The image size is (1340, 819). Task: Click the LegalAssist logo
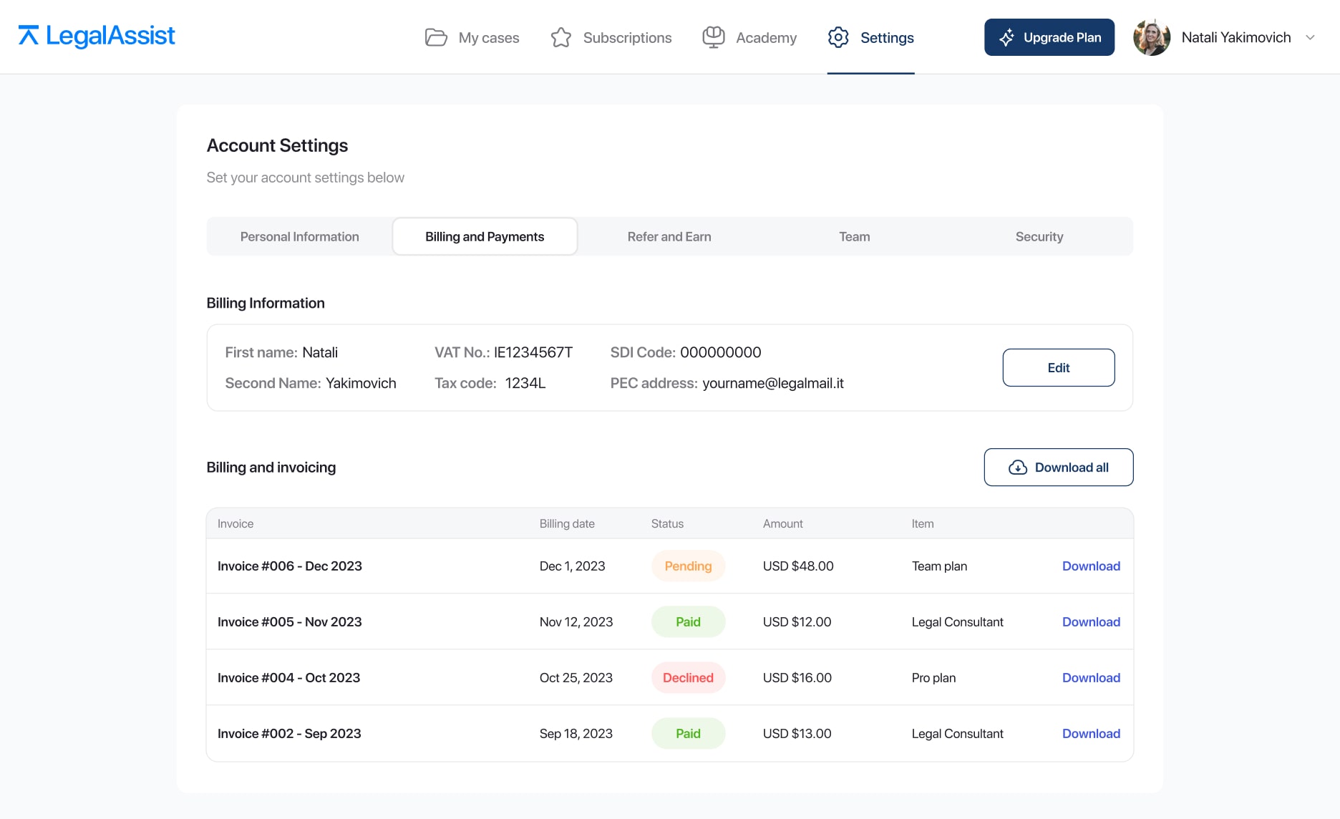click(97, 36)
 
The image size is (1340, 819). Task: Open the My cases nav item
click(472, 37)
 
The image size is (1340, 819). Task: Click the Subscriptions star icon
click(561, 37)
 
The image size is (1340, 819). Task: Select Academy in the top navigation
click(749, 37)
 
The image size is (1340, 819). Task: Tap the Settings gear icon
click(838, 37)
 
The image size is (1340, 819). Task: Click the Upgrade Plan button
click(1049, 37)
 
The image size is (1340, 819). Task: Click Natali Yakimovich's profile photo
click(1152, 37)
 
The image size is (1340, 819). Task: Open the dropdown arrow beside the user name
click(1310, 37)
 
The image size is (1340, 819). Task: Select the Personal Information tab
click(300, 236)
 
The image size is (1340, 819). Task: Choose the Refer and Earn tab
click(669, 236)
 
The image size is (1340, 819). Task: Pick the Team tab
click(855, 236)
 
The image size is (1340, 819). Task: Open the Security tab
click(1039, 236)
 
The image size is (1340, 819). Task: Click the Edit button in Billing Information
click(1059, 367)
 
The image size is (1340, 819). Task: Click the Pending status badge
click(688, 566)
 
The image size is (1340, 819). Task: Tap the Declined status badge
click(688, 677)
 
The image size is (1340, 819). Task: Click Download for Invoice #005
click(1091, 621)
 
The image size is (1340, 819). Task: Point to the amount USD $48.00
click(798, 566)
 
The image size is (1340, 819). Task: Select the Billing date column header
click(567, 523)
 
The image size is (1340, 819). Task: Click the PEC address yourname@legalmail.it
click(773, 383)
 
